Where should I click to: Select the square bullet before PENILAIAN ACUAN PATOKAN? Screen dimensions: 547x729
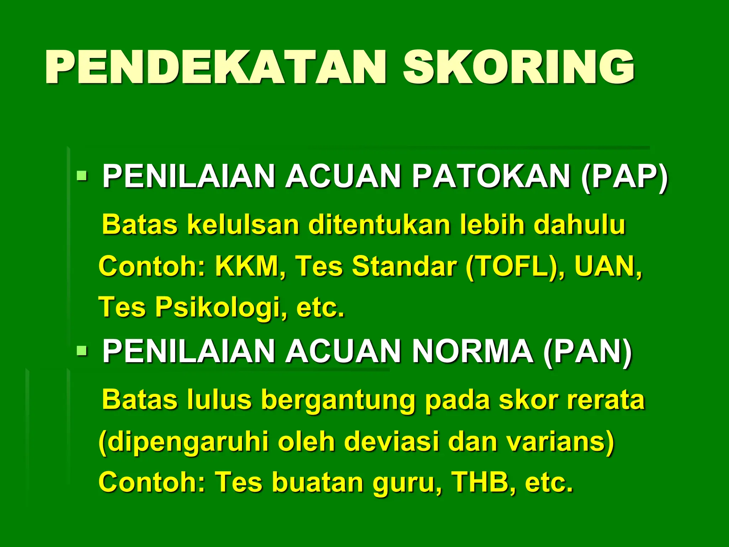coord(82,176)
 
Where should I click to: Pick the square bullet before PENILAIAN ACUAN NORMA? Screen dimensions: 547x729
coord(82,351)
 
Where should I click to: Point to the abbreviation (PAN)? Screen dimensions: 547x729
coord(587,351)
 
